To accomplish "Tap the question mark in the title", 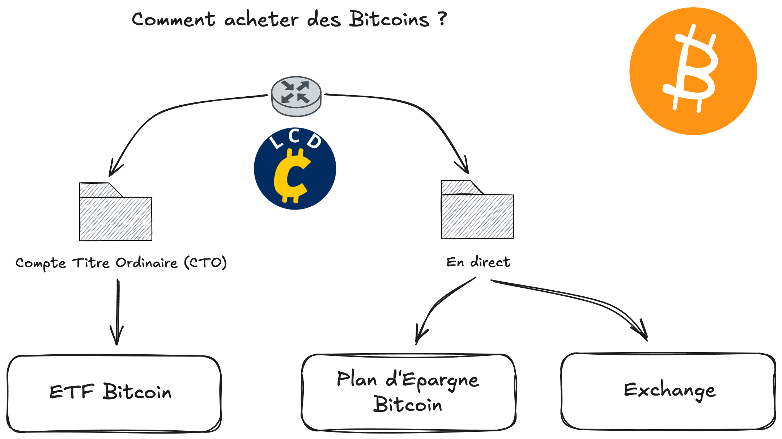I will click(x=442, y=19).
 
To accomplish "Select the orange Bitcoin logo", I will click(x=693, y=71).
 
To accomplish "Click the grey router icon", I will click(x=296, y=96).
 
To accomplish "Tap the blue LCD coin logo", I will click(x=295, y=169).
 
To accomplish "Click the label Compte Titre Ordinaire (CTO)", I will click(x=121, y=263).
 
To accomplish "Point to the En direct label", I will click(x=478, y=262).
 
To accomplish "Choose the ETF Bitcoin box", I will click(x=114, y=393).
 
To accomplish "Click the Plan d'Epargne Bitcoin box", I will click(x=408, y=392).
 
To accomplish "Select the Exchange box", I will click(x=668, y=391).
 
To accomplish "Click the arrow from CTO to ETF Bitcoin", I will click(x=118, y=311).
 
